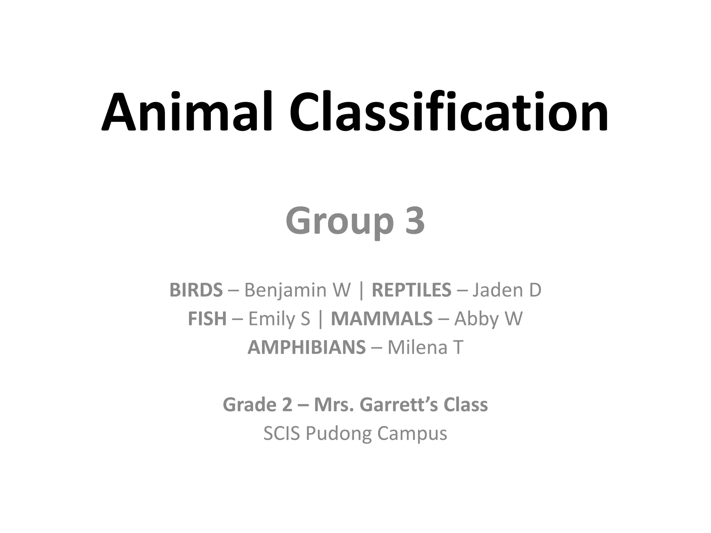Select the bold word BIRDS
click(x=196, y=290)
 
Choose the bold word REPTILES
click(x=411, y=290)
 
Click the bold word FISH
click(x=207, y=319)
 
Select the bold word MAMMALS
click(x=382, y=319)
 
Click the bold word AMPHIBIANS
click(x=307, y=347)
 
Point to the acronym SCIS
click(x=282, y=433)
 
